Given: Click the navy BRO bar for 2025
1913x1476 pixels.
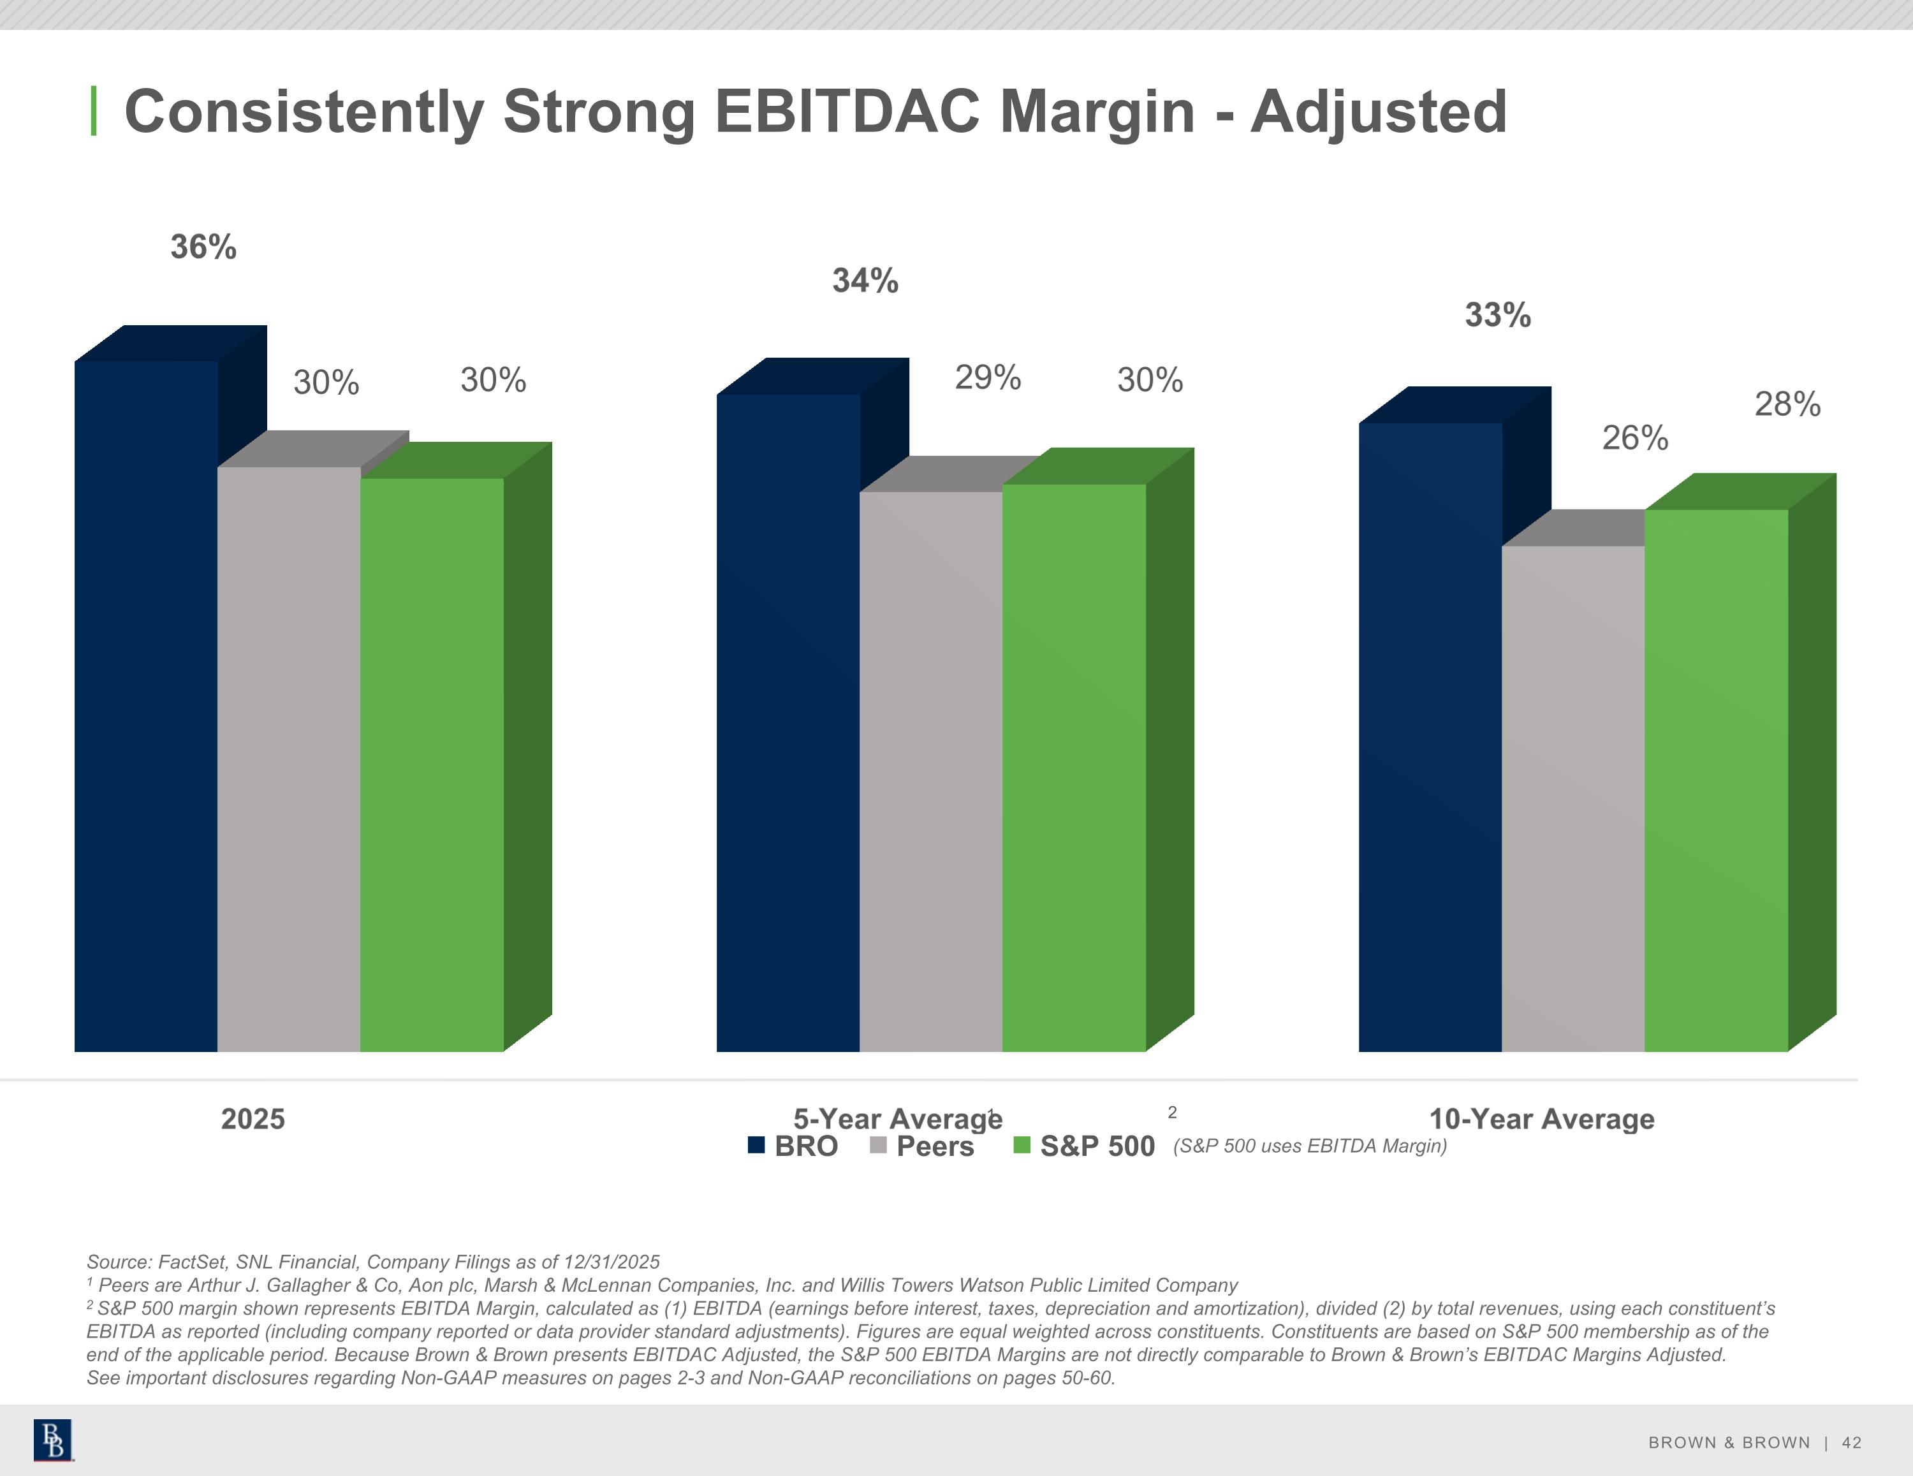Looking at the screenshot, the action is (146, 706).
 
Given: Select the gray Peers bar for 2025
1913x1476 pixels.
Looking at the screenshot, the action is (289, 759).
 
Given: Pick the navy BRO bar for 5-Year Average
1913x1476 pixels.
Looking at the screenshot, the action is (788, 722).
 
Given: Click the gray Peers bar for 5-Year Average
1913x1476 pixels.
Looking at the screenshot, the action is (931, 771).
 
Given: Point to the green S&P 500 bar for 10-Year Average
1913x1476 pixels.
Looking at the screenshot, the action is (1717, 780).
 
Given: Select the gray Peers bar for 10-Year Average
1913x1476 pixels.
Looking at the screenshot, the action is (1573, 798).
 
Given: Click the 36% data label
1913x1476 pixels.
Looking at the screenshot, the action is (203, 247).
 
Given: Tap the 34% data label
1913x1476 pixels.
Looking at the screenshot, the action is (865, 281).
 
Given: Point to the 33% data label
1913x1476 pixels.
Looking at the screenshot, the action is (1498, 314).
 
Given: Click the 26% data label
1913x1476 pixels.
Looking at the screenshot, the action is (1636, 437).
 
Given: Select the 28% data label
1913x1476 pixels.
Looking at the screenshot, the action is (1788, 404).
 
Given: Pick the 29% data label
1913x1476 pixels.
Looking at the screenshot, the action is (988, 377).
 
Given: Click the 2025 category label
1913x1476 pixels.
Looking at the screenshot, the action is (253, 1118).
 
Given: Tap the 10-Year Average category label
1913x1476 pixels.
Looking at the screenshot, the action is (1542, 1118).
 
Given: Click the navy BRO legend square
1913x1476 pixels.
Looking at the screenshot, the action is (757, 1145).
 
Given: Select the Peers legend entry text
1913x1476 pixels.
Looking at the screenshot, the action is (935, 1146).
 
